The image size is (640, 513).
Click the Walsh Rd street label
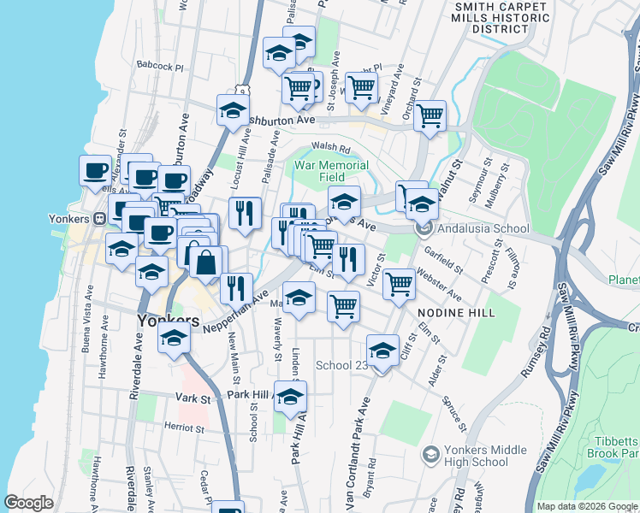point(327,146)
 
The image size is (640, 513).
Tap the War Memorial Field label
point(331,171)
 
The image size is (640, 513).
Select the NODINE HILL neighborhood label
point(456,314)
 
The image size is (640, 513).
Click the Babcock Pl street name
point(160,65)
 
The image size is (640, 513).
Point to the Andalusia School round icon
point(422,229)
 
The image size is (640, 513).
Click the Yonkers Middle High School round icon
point(431,454)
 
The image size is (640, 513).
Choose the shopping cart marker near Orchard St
point(430,115)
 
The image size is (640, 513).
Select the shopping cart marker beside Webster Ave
point(399,283)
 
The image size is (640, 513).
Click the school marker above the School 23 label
point(382,349)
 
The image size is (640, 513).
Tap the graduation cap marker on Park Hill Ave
point(291,395)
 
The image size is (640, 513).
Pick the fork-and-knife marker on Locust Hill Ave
point(245,211)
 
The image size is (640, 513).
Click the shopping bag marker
point(205,261)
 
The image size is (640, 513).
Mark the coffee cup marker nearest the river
point(95,168)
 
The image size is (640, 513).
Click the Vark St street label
point(193,398)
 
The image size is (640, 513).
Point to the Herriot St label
point(183,428)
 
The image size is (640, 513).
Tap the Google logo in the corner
point(28,503)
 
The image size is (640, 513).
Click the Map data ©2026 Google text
point(586,506)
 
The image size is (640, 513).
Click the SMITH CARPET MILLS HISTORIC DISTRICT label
point(501,17)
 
